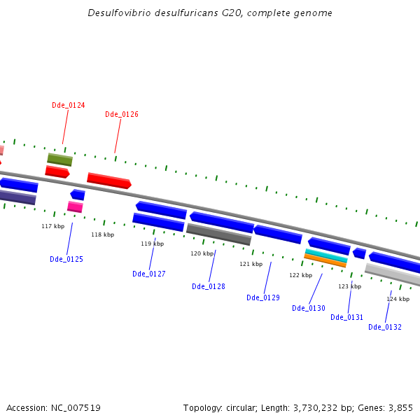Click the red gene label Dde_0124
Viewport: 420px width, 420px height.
(68, 105)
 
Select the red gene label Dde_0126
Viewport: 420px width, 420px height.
(122, 114)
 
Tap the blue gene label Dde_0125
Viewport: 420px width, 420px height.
(66, 259)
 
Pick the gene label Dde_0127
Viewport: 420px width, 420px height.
(149, 274)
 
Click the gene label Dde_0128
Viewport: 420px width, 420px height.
(209, 286)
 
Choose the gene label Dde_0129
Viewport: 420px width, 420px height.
(263, 297)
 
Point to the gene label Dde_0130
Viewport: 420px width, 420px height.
(309, 308)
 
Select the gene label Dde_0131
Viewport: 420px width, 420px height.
(347, 317)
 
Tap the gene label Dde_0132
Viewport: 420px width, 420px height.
(385, 327)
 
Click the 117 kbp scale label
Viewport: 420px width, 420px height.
(52, 226)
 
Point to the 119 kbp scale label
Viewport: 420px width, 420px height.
(152, 244)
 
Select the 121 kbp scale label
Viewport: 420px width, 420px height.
(251, 264)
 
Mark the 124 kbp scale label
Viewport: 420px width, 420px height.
(398, 299)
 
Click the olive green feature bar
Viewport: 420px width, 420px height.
(59, 160)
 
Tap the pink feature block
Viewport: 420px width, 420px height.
(75, 206)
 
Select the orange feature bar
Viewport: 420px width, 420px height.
(325, 260)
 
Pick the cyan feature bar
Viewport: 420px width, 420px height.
(326, 255)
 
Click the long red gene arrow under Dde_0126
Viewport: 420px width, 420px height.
(108, 181)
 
